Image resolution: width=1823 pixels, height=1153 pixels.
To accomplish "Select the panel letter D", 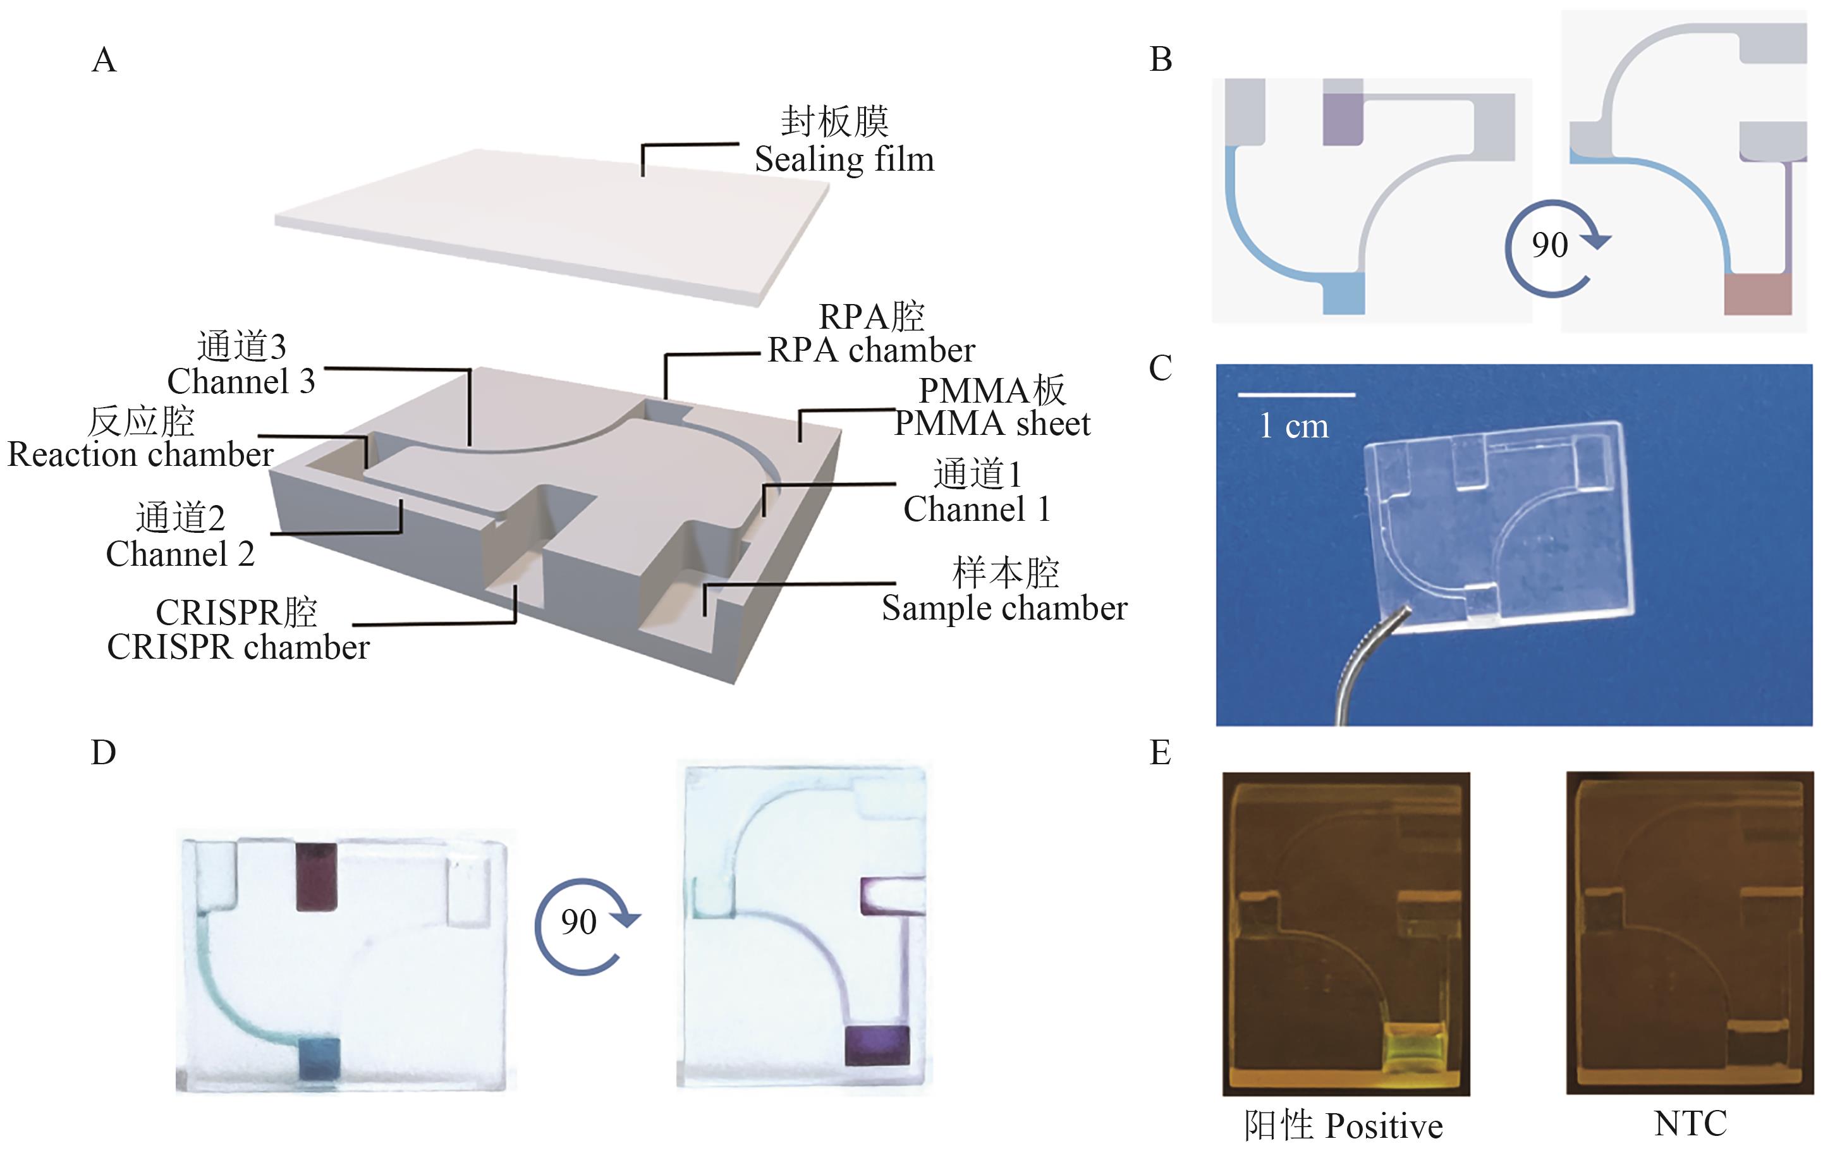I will tap(104, 752).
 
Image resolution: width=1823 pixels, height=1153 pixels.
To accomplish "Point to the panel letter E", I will tap(1160, 752).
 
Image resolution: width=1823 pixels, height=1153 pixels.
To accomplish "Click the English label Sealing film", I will tap(844, 160).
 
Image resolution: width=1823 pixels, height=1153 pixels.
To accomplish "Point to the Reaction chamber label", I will tap(141, 455).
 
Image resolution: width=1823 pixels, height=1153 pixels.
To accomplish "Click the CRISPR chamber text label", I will tap(238, 647).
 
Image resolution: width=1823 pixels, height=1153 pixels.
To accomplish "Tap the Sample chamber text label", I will tap(1004, 609).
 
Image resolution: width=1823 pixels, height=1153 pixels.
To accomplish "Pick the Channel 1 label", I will tap(977, 509).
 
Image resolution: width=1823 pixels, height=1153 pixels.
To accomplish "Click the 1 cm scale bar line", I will tap(1296, 395).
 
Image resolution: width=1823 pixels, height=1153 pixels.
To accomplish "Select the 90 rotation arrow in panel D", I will tap(583, 924).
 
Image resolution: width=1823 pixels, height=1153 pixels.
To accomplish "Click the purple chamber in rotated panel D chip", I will tap(876, 1045).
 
